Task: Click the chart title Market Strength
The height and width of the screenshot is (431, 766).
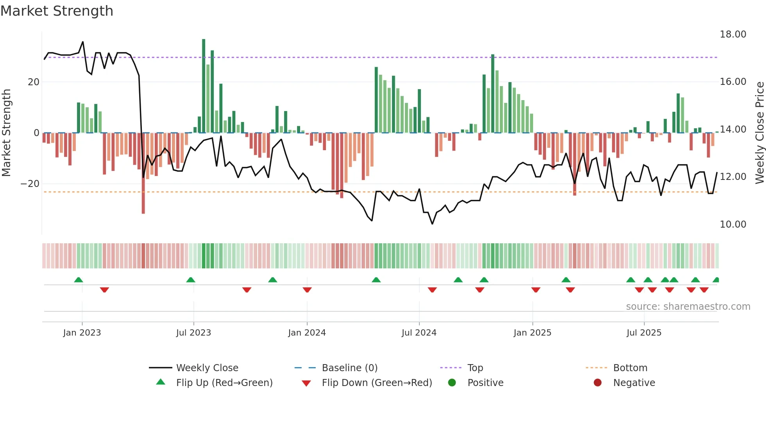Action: point(57,11)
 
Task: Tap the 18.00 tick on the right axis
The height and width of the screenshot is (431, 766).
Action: point(733,34)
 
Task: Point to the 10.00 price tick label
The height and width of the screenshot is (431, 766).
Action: point(733,224)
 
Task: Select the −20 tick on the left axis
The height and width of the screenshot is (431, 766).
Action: point(30,184)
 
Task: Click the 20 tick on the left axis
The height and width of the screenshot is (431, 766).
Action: point(34,82)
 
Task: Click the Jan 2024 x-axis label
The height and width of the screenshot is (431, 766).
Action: point(307,333)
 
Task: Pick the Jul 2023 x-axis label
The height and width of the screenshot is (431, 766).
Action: point(193,333)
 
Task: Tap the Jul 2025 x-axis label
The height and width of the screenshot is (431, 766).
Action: point(644,333)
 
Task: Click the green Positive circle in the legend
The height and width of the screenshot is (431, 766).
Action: point(452,383)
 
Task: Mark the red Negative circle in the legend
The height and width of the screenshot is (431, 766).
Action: point(598,383)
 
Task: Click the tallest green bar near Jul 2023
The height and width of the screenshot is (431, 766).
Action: point(204,86)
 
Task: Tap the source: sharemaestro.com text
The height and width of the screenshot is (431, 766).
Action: point(688,307)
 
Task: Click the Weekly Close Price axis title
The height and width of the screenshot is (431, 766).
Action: point(759,133)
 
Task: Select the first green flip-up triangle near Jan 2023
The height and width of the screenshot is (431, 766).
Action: point(79,280)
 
